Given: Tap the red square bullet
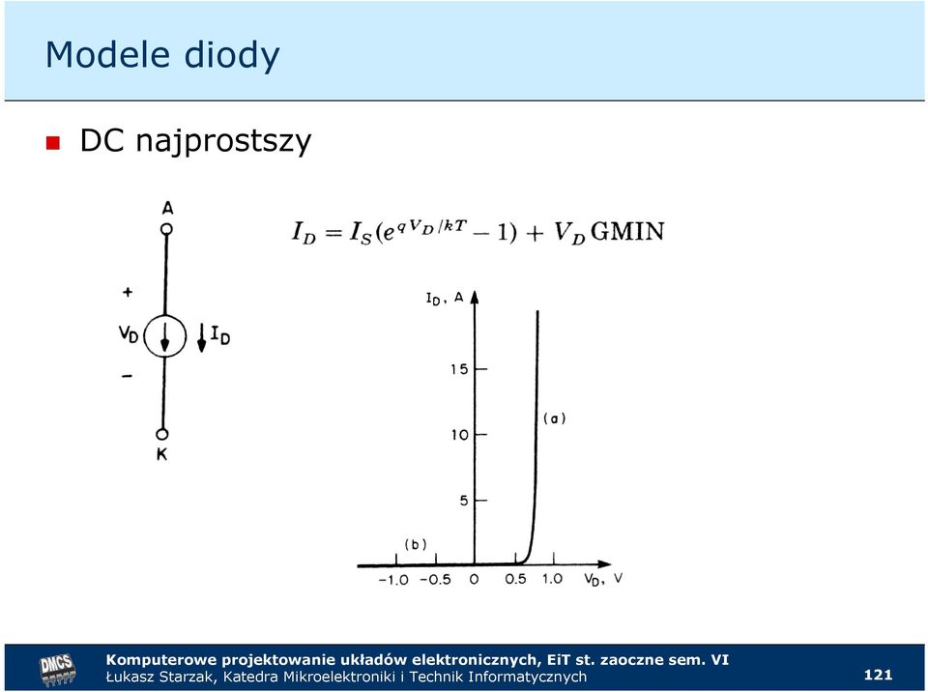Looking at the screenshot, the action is click(x=53, y=143).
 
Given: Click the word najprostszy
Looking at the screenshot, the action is click(x=223, y=142).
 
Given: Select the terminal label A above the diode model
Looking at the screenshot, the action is click(x=168, y=209).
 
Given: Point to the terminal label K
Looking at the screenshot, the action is click(x=161, y=454).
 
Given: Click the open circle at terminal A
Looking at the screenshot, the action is click(x=167, y=229).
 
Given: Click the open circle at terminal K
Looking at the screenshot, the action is click(x=162, y=435).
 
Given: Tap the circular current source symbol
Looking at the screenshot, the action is click(x=165, y=336).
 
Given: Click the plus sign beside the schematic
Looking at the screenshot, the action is click(x=128, y=292).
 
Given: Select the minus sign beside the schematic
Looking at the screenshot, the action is click(x=128, y=376).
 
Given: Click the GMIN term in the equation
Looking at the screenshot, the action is click(x=627, y=231).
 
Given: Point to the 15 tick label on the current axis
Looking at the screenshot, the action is click(x=459, y=369).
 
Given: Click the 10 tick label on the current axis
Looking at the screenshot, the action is click(x=459, y=435).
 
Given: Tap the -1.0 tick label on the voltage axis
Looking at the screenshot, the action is click(x=393, y=580).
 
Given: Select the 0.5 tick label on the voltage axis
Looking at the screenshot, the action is click(x=515, y=579).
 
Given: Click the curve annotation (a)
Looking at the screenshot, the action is click(x=555, y=418).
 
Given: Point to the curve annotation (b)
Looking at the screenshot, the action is click(x=416, y=544).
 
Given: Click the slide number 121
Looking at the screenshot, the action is click(x=879, y=675).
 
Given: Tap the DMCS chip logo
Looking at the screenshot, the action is click(x=57, y=670).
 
